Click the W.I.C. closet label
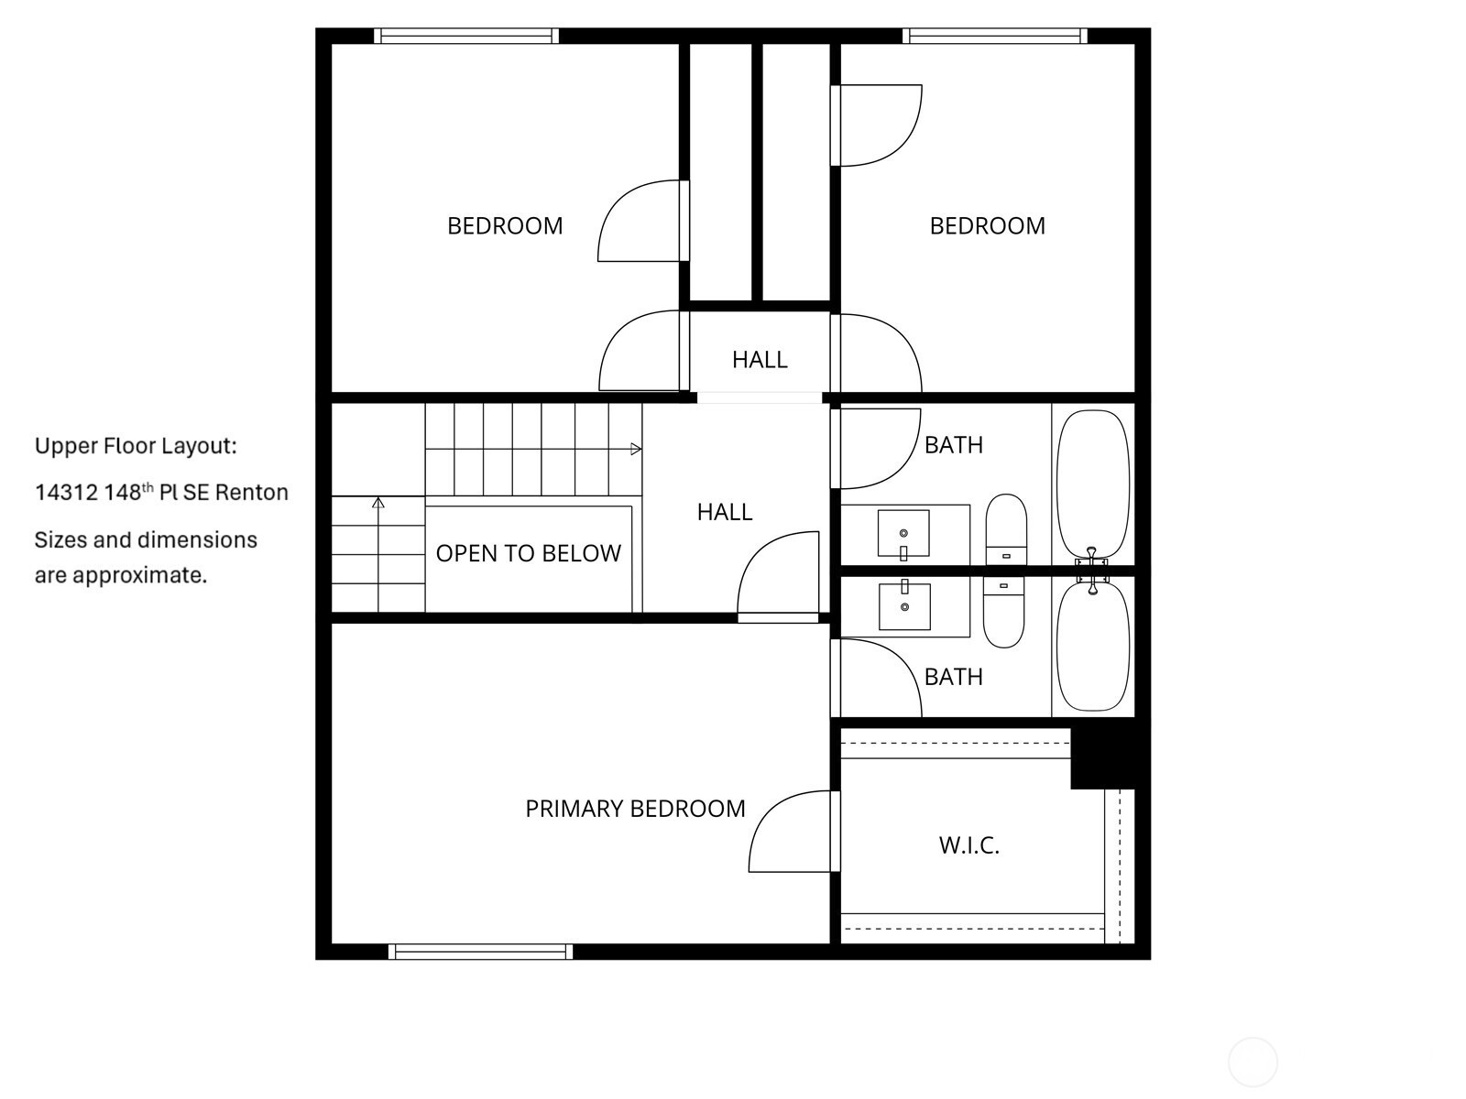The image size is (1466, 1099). coord(968,845)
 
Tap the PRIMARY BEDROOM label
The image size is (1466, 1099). coord(634,809)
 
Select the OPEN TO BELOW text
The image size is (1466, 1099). coord(529,553)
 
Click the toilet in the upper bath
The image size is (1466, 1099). coord(1006,530)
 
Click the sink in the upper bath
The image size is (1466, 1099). coord(903,534)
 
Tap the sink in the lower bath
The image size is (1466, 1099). coord(904,605)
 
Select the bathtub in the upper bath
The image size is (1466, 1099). coord(1093,484)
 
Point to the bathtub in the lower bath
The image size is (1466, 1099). coord(1093,646)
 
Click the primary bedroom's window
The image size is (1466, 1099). coord(480,952)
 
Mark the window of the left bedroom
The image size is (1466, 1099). coord(466,36)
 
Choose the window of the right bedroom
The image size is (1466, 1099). coord(995,36)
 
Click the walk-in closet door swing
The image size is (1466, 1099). coord(794,832)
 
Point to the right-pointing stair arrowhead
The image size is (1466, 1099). coord(636,449)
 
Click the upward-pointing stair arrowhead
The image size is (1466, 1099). coord(378,503)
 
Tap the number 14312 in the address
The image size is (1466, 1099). coord(66,493)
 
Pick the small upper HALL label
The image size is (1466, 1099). coord(760,360)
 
